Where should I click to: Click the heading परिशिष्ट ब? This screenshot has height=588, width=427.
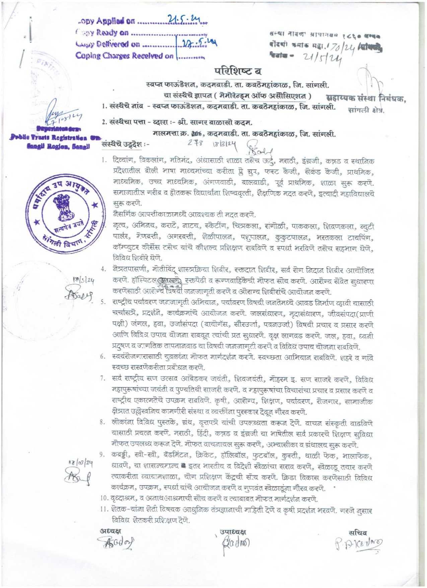[x=238, y=71]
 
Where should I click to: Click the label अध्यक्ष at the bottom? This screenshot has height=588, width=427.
[x=111, y=530]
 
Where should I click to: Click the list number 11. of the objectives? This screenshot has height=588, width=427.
[x=104, y=511]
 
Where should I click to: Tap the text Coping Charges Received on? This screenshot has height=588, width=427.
[x=125, y=56]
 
